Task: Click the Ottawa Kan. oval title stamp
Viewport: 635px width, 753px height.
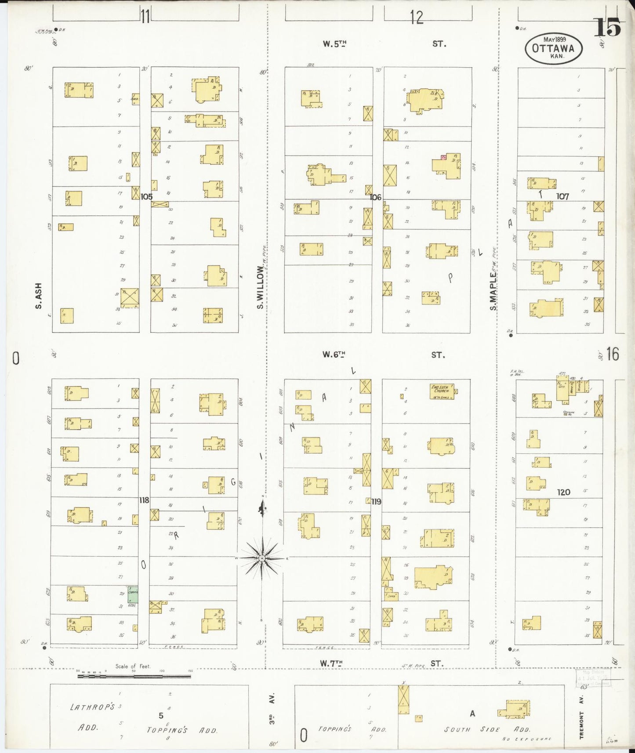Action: point(554,48)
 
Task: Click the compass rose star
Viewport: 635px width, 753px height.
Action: point(262,558)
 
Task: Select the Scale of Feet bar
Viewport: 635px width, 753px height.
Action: point(134,676)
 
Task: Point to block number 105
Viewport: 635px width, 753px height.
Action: point(146,196)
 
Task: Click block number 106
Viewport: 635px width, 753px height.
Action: point(375,197)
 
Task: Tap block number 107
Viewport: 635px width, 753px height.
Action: point(562,196)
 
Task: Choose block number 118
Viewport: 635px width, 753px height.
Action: point(144,500)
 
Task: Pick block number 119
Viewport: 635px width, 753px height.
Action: point(376,501)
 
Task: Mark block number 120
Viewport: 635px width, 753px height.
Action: point(563,492)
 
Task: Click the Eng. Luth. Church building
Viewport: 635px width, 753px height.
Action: point(442,391)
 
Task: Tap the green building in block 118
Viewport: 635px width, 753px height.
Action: point(133,594)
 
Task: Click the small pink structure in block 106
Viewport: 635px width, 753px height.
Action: point(443,157)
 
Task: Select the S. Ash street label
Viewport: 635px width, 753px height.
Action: point(39,295)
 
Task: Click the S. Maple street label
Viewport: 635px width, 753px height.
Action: point(493,291)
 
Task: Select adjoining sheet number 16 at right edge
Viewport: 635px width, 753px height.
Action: point(613,354)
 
